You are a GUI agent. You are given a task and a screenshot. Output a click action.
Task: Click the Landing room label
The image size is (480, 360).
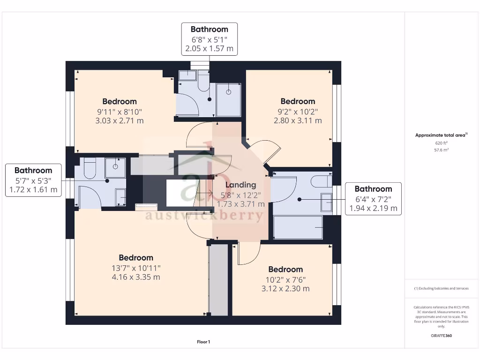click(240, 185)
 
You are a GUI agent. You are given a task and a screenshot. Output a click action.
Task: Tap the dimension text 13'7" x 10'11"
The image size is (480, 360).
click(136, 268)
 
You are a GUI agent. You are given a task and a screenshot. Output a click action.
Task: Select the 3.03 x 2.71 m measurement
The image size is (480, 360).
click(120, 120)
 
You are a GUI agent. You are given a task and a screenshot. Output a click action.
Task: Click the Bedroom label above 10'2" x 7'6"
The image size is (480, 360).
click(285, 270)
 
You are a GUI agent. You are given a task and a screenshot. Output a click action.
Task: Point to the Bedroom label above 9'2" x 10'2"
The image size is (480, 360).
click(298, 101)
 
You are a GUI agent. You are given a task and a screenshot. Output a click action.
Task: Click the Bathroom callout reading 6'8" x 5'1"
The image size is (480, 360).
click(210, 39)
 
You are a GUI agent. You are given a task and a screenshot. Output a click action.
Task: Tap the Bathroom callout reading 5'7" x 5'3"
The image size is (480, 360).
click(33, 180)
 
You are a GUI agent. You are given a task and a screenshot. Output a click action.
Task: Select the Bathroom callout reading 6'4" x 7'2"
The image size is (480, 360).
click(373, 199)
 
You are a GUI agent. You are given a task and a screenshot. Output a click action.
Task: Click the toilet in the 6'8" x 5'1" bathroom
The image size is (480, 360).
click(203, 81)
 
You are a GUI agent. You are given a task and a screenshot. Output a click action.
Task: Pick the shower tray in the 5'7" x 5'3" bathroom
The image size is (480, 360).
click(115, 168)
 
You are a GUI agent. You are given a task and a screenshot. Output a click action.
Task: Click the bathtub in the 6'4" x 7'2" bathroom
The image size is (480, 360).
click(298, 227)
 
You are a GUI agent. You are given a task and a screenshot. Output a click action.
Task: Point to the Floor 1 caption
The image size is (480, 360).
click(203, 342)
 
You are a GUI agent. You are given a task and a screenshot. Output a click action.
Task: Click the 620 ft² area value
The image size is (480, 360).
click(441, 143)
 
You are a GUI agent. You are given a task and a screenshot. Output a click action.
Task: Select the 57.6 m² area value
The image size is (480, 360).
click(441, 150)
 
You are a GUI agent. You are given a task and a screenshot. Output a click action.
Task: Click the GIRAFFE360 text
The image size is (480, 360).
click(441, 336)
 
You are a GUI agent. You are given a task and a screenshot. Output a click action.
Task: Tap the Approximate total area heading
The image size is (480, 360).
click(441, 135)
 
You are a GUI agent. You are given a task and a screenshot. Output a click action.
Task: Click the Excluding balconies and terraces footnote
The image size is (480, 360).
click(441, 288)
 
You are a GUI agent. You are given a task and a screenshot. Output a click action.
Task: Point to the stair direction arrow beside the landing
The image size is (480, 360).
click(204, 193)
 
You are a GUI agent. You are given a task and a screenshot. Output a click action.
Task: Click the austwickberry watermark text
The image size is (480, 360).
click(204, 215)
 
